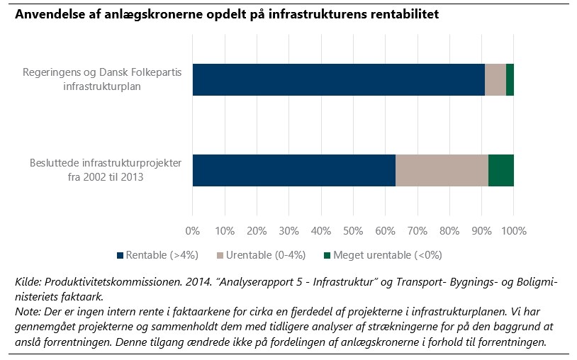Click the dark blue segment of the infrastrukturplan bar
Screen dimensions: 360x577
pyautogui.click(x=338, y=79)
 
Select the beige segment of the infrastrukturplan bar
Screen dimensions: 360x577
pyautogui.click(x=495, y=79)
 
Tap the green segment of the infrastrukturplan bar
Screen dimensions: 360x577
pyautogui.click(x=510, y=79)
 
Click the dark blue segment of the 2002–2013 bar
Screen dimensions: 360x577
pyautogui.click(x=293, y=170)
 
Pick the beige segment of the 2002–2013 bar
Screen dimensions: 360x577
pyautogui.click(x=442, y=170)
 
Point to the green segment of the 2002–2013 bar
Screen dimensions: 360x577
pyautogui.click(x=501, y=170)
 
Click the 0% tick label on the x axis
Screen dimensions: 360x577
pyautogui.click(x=192, y=230)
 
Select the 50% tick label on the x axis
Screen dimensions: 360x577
pyautogui.click(x=353, y=230)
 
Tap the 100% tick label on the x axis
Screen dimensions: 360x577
pyautogui.click(x=514, y=230)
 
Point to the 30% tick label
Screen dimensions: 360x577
pyautogui.click(x=288, y=230)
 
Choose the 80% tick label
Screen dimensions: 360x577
pyautogui.click(x=449, y=230)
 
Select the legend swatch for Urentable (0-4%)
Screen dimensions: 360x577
pyautogui.click(x=220, y=255)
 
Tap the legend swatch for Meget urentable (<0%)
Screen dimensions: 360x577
pyautogui.click(x=327, y=255)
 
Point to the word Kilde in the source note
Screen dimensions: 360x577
pyautogui.click(x=27, y=282)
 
